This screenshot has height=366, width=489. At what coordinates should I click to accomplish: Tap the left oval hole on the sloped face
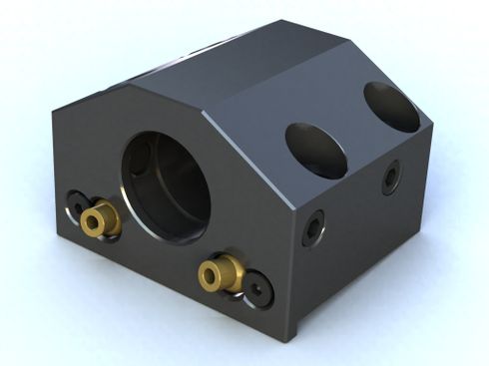click(x=314, y=151)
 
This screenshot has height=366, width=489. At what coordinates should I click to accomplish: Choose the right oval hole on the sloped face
click(x=391, y=106)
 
